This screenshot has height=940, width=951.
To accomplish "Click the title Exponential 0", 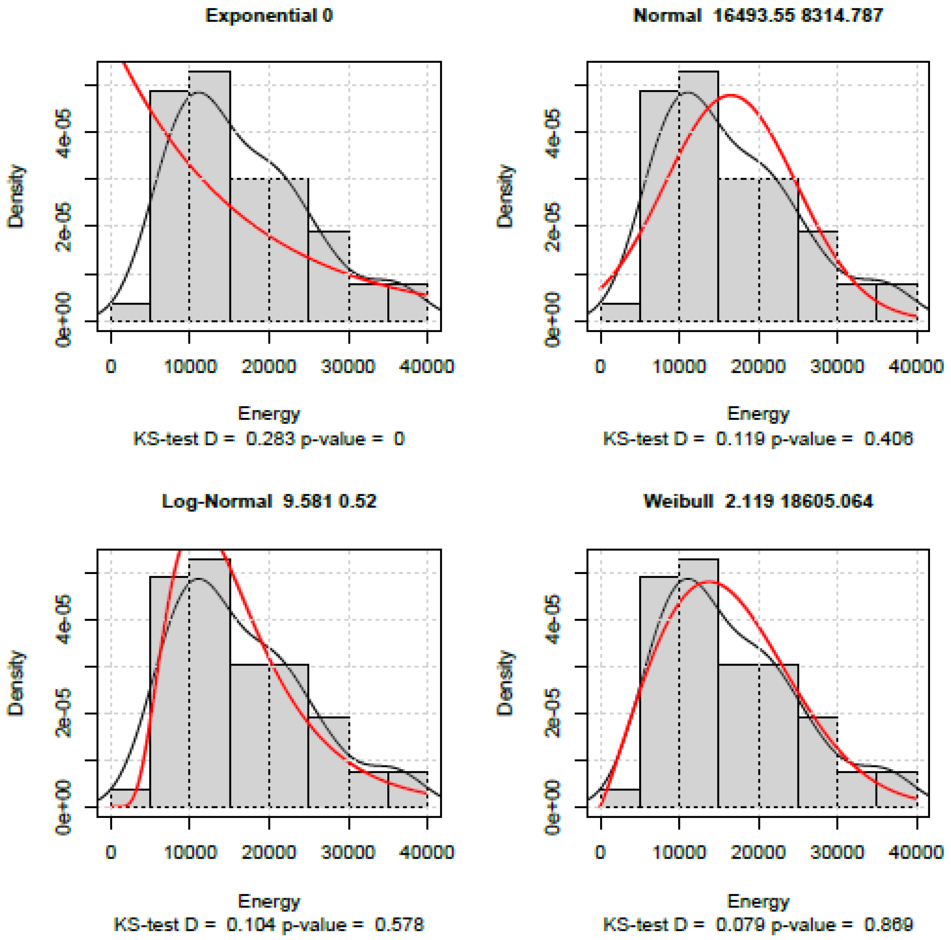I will point(269,16).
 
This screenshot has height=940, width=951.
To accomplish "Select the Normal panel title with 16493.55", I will point(758,16).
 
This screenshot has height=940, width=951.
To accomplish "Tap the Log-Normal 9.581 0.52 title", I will point(269,501).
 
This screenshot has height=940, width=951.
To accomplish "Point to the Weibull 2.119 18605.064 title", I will point(758,501).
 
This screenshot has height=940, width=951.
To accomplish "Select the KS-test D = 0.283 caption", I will point(269,439).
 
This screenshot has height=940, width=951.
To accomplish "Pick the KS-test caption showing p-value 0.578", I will point(269,924).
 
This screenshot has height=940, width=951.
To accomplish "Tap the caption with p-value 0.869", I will point(758,924).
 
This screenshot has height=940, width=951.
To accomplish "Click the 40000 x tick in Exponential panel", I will point(426,367).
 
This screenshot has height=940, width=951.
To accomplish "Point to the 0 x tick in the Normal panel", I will point(600,367).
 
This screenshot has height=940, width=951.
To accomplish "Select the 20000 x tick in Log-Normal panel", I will point(269,852).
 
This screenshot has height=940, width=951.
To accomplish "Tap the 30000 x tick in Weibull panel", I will point(837,852).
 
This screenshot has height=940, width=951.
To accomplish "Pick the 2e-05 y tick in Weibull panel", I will point(553,713).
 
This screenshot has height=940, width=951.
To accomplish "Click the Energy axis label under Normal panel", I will point(758,413).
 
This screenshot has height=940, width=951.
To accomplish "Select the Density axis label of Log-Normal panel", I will point(17,683).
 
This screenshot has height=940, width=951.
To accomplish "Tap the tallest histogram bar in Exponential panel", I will point(210,197).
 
